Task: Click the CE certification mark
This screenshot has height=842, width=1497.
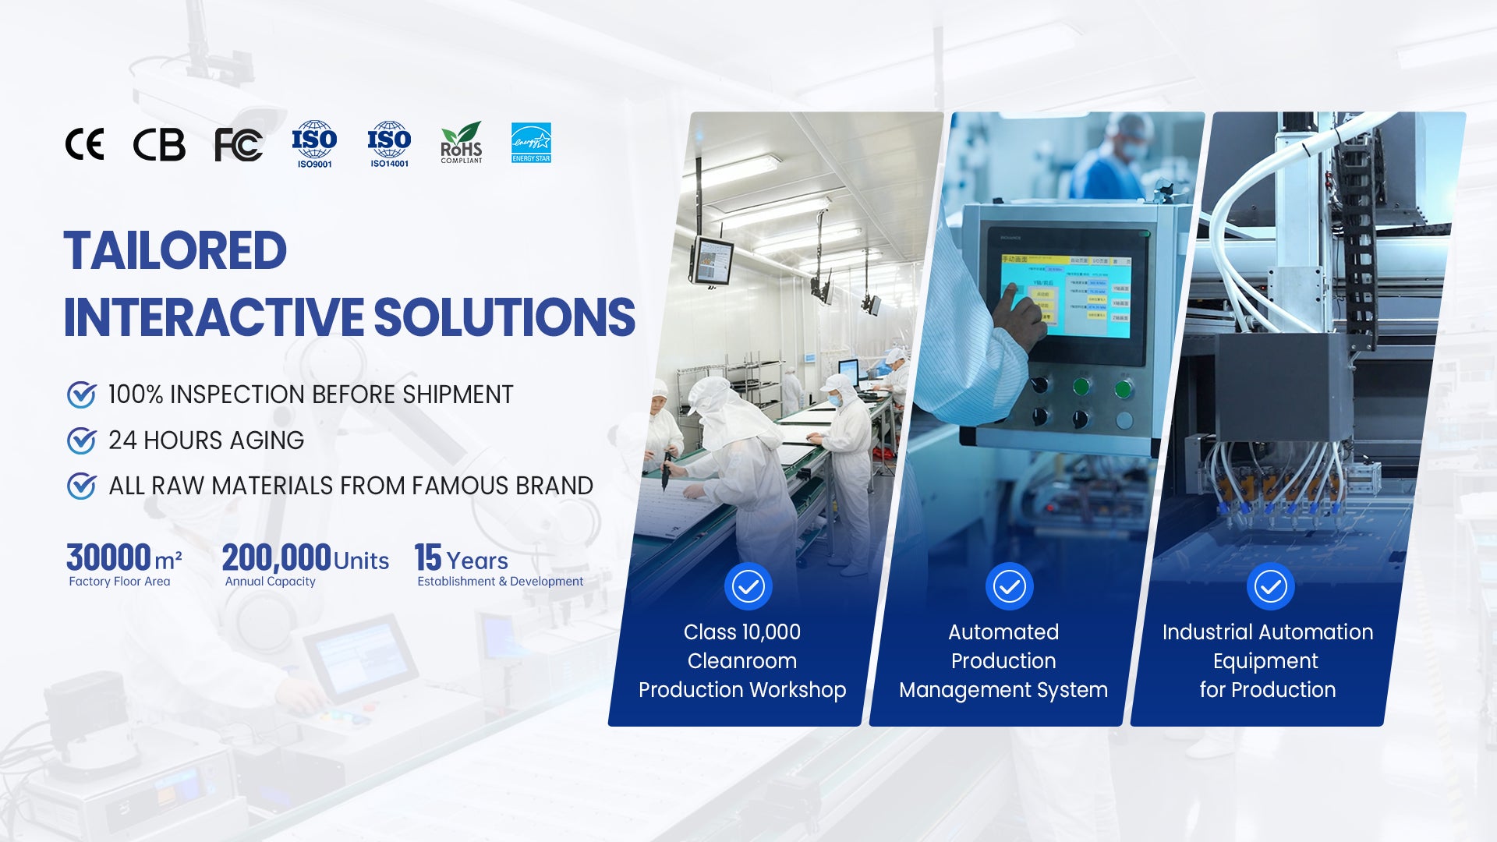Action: pos(84,144)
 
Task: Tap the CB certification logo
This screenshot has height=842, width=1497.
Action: pos(159,144)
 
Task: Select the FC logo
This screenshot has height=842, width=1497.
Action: pos(239,145)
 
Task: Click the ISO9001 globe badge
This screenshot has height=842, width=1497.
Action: pos(314,144)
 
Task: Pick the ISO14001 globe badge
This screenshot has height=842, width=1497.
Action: pos(389,144)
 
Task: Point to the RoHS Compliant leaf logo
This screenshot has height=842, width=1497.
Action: pos(462,143)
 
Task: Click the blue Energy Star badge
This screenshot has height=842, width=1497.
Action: pos(531,143)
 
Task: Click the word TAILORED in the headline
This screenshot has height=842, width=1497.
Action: pos(175,251)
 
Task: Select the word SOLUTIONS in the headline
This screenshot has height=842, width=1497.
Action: pos(504,317)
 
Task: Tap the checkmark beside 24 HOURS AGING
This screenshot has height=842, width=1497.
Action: pos(82,440)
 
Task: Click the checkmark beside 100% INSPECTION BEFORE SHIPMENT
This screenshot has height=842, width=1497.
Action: pos(82,394)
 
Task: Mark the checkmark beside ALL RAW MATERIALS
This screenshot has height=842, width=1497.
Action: pos(82,486)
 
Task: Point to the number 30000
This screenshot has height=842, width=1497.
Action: pos(108,557)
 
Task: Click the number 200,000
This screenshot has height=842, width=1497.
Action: pos(277,558)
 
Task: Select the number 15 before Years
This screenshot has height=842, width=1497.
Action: pos(428,557)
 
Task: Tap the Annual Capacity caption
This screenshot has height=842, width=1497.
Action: pos(270,582)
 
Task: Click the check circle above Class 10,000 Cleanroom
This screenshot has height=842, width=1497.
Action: pos(748,586)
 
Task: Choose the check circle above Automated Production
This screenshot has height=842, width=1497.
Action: pos(1010,586)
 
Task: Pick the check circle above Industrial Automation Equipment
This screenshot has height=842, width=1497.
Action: pos(1271,586)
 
